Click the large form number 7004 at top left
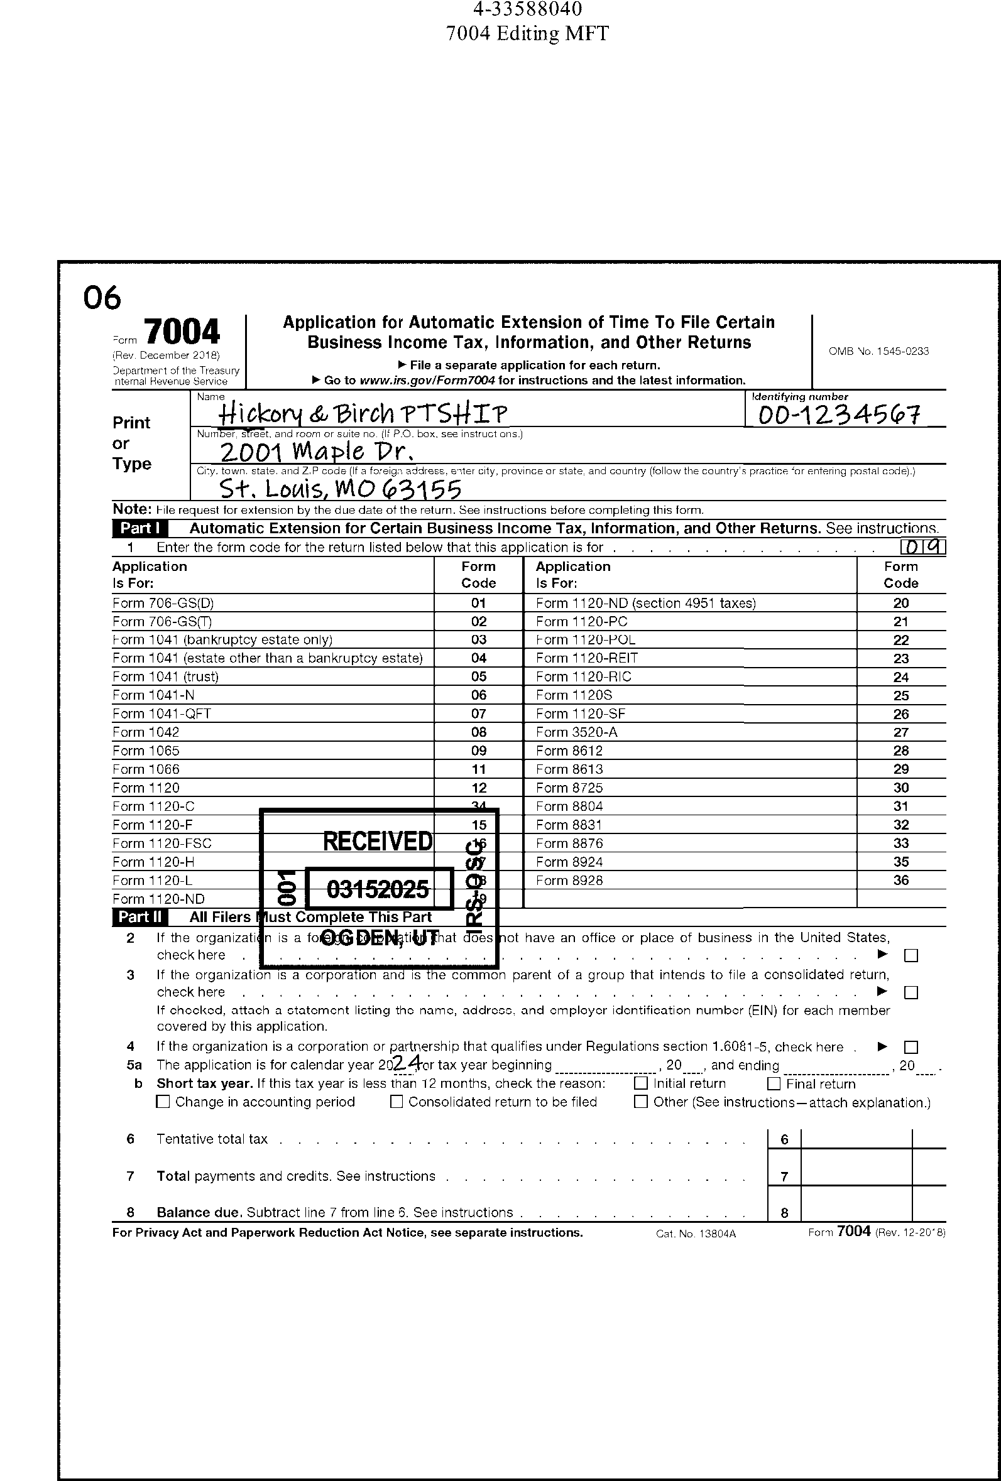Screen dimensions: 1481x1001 (x=182, y=332)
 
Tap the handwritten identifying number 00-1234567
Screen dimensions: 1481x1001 (x=839, y=415)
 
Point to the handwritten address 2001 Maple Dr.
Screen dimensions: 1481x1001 (x=317, y=452)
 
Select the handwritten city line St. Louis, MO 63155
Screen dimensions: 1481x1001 (x=340, y=489)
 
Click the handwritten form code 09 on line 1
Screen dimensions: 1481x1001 (x=923, y=547)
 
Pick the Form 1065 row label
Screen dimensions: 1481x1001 (x=146, y=751)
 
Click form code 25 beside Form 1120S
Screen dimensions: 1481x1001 (x=900, y=695)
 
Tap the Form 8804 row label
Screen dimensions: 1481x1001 (x=569, y=806)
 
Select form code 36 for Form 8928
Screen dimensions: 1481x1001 (x=900, y=880)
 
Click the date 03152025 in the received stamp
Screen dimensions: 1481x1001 (x=378, y=888)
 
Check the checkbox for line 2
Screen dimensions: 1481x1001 (x=911, y=955)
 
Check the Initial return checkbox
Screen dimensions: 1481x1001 (x=641, y=1083)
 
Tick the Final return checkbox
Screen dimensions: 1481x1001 (x=774, y=1083)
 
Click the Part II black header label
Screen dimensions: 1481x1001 (x=140, y=917)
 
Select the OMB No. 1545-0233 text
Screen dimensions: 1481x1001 (x=878, y=351)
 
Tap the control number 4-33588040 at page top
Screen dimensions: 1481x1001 (x=527, y=9)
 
